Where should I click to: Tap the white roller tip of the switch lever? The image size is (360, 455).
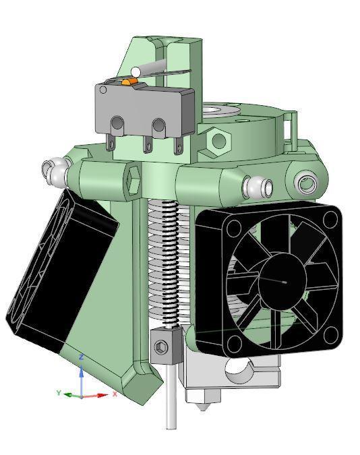[x=136, y=71]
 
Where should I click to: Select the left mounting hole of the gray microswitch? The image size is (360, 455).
[x=117, y=123]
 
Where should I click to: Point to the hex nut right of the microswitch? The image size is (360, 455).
[x=218, y=140]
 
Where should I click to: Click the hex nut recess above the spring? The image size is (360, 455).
[x=133, y=180]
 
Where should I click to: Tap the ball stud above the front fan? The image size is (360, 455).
[x=257, y=185]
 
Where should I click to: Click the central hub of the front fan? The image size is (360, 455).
[x=283, y=280]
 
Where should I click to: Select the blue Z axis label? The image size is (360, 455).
[x=82, y=357]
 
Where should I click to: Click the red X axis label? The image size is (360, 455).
[x=115, y=394]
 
